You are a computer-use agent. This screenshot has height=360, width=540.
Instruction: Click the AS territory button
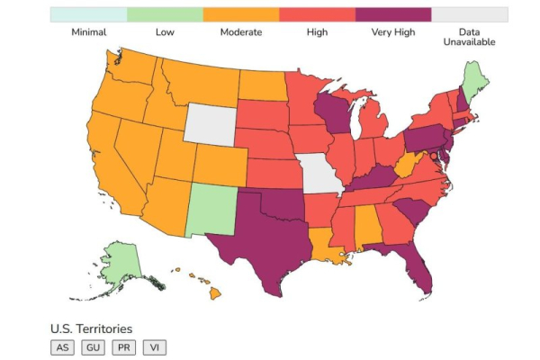click(x=62, y=347)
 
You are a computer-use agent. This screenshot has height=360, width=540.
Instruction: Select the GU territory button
click(x=93, y=347)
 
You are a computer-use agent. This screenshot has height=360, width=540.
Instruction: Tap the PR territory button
click(x=124, y=347)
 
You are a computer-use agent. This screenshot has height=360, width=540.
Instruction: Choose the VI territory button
click(x=155, y=347)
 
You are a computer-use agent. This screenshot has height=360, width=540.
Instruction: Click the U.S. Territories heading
click(x=91, y=328)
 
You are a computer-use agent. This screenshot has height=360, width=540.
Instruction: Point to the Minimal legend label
click(x=88, y=32)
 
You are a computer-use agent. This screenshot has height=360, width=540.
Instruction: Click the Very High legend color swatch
click(x=393, y=14)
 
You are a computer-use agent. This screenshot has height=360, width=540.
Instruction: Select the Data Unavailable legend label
click(x=469, y=37)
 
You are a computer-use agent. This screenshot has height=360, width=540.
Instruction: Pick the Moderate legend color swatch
click(x=240, y=14)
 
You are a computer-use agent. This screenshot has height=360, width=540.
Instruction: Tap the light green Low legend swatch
click(x=164, y=14)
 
